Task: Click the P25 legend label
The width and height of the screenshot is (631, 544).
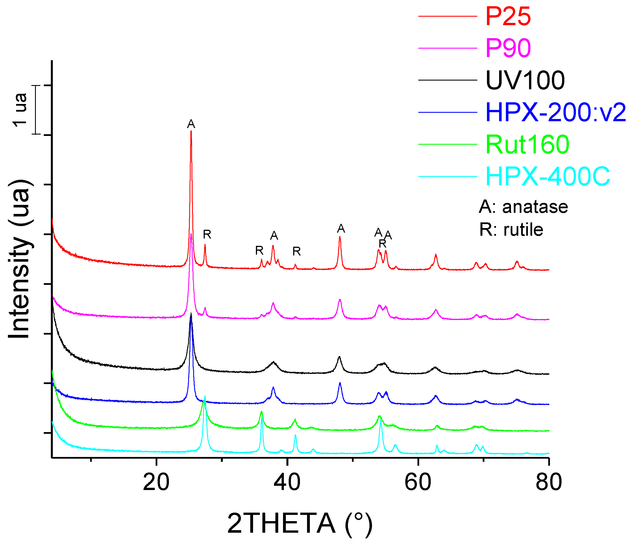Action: click(x=508, y=16)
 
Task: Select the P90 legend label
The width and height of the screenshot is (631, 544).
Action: click(x=508, y=48)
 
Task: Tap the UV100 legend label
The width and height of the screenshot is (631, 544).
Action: click(x=525, y=81)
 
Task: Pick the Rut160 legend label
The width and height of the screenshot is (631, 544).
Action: click(x=527, y=144)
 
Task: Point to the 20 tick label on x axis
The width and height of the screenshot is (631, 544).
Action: click(x=156, y=482)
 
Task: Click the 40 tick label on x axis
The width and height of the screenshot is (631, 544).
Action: click(x=287, y=482)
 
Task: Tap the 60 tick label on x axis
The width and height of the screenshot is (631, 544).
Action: click(x=418, y=482)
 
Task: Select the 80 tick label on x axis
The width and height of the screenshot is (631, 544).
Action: click(x=549, y=482)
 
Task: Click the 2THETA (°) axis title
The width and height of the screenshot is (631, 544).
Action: click(x=300, y=524)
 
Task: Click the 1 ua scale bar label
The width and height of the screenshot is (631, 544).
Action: click(x=20, y=110)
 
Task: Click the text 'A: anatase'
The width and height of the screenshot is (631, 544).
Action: click(x=523, y=207)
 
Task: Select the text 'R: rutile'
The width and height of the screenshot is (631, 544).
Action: click(x=511, y=230)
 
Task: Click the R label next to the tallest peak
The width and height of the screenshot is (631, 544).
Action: click(x=207, y=234)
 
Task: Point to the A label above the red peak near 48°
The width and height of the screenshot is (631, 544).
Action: click(x=341, y=229)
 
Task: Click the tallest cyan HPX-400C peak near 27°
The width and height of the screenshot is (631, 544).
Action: click(x=205, y=396)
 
